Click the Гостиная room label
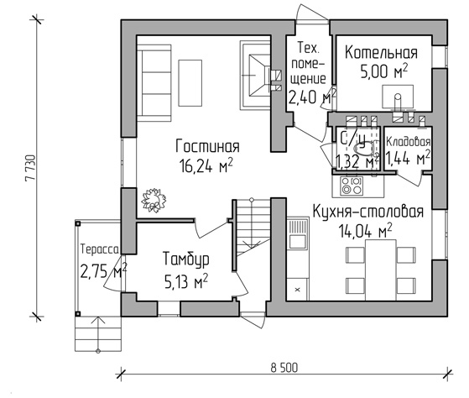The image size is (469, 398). point(207,146)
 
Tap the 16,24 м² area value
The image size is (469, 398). point(206,165)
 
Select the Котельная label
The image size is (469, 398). point(381,53)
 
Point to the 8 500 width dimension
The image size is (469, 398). point(284,368)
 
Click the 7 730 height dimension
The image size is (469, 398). point(31,168)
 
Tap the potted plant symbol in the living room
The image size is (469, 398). point(154,200)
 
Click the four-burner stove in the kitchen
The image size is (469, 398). point(352,186)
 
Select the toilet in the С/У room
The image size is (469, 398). point(364,149)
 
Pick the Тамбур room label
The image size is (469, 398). point(185,259)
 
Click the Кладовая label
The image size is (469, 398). point(409,142)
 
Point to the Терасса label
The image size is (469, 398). point(100,249)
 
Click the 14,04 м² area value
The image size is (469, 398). point(365,231)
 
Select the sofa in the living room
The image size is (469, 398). point(154,83)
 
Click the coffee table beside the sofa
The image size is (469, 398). point(190,83)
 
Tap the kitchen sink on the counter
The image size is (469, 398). point(298,234)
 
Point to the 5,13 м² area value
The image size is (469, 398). point(186,281)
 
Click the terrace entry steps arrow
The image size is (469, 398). point(98,334)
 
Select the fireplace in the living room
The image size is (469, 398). point(255,75)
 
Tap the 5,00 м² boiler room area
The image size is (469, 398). point(383,71)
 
